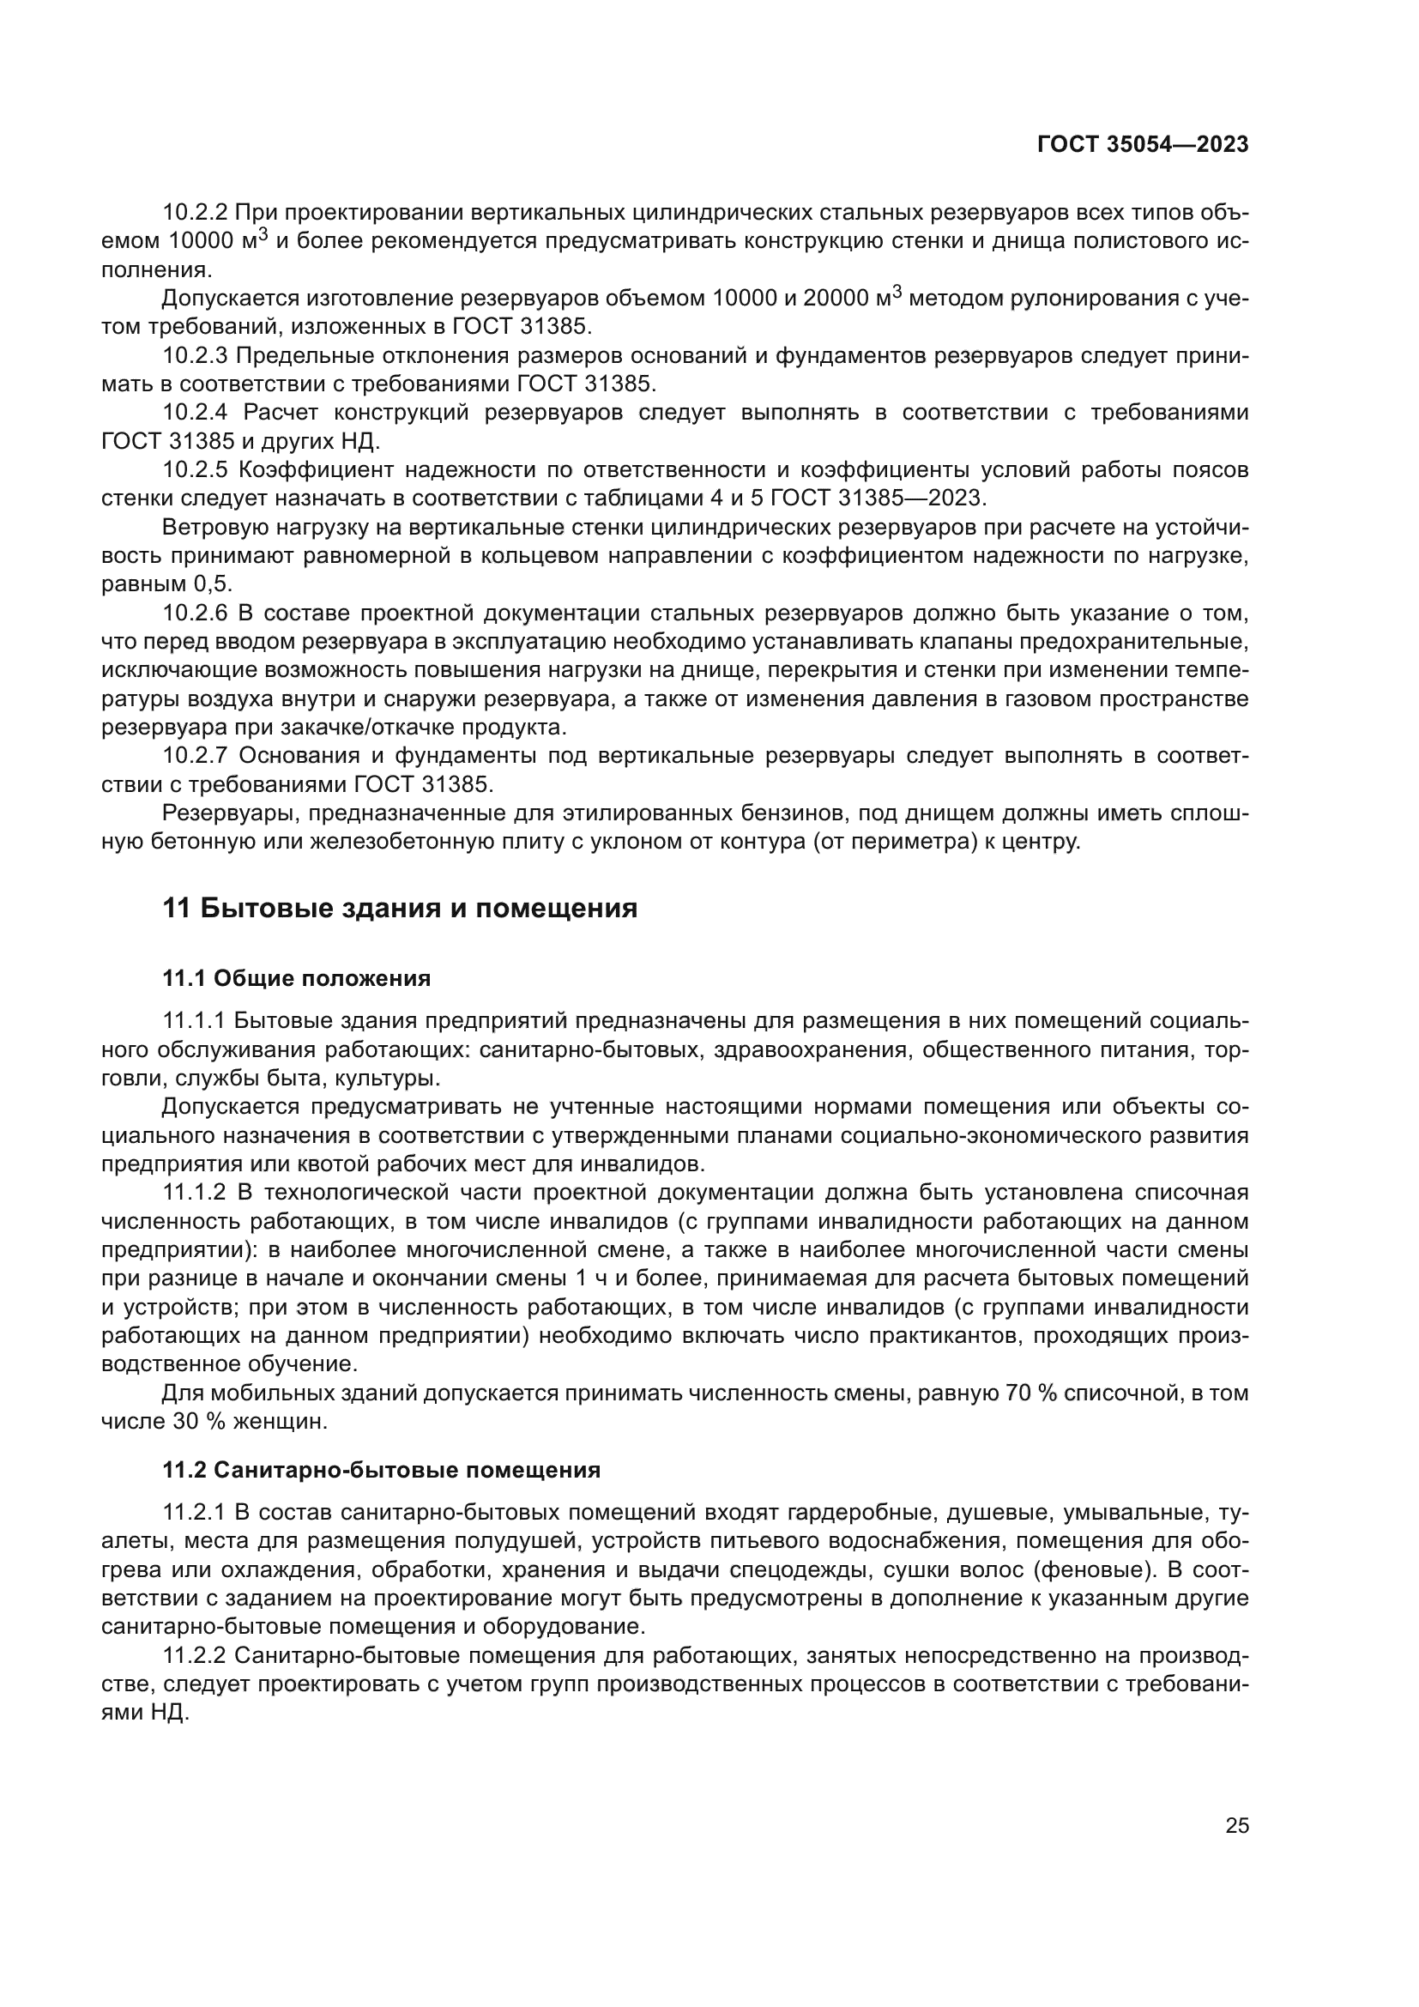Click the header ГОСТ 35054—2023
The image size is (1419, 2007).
pyautogui.click(x=1142, y=145)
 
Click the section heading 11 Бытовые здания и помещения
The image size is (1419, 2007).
pyautogui.click(x=399, y=909)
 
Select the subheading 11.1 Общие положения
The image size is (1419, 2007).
pyautogui.click(x=296, y=978)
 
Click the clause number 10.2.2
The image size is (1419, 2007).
pyautogui.click(x=195, y=213)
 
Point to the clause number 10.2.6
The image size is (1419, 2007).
pyautogui.click(x=195, y=614)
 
